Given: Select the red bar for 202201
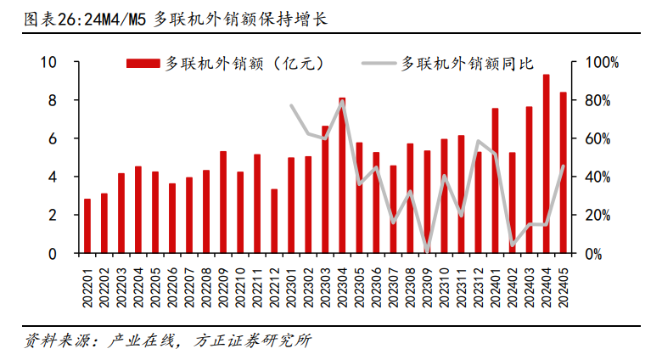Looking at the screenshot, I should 87,226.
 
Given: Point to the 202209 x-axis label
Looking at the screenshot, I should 223,284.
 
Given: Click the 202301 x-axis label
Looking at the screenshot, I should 291,284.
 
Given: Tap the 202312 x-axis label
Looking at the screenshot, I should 478,284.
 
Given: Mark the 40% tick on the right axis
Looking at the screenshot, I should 599,177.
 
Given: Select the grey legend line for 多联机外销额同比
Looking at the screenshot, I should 379,62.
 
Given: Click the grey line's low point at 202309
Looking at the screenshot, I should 427,250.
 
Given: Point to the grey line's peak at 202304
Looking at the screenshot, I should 342,102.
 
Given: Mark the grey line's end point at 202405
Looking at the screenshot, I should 563,166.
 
